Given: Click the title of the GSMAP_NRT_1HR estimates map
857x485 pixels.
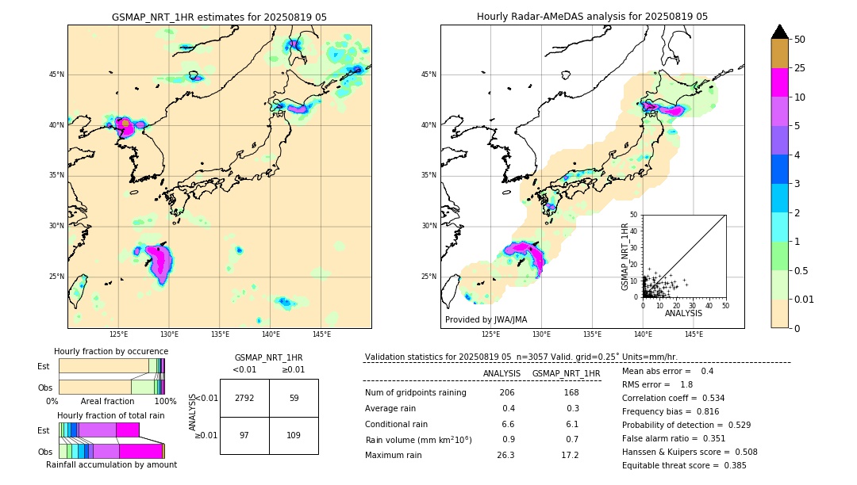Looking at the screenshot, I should (219, 17).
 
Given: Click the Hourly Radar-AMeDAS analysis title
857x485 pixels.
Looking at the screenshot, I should (592, 17).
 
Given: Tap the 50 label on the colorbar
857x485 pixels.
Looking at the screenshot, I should (800, 40).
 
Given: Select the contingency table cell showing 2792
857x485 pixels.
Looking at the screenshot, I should (244, 398).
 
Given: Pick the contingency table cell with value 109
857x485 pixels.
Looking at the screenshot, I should (294, 435).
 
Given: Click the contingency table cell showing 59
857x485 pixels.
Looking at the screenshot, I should (294, 398).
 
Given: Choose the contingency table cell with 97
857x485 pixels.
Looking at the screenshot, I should (244, 435).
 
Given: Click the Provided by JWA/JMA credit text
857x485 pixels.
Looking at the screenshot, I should (486, 320).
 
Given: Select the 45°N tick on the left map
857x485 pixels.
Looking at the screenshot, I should (56, 74).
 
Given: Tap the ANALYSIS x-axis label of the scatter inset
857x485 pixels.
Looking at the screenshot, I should (683, 313).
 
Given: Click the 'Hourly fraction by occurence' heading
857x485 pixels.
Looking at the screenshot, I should (111, 351).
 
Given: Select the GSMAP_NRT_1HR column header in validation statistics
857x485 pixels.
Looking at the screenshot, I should (566, 373).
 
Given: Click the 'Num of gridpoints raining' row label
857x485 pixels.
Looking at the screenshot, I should (416, 393).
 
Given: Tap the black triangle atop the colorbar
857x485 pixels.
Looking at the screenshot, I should (780, 32).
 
